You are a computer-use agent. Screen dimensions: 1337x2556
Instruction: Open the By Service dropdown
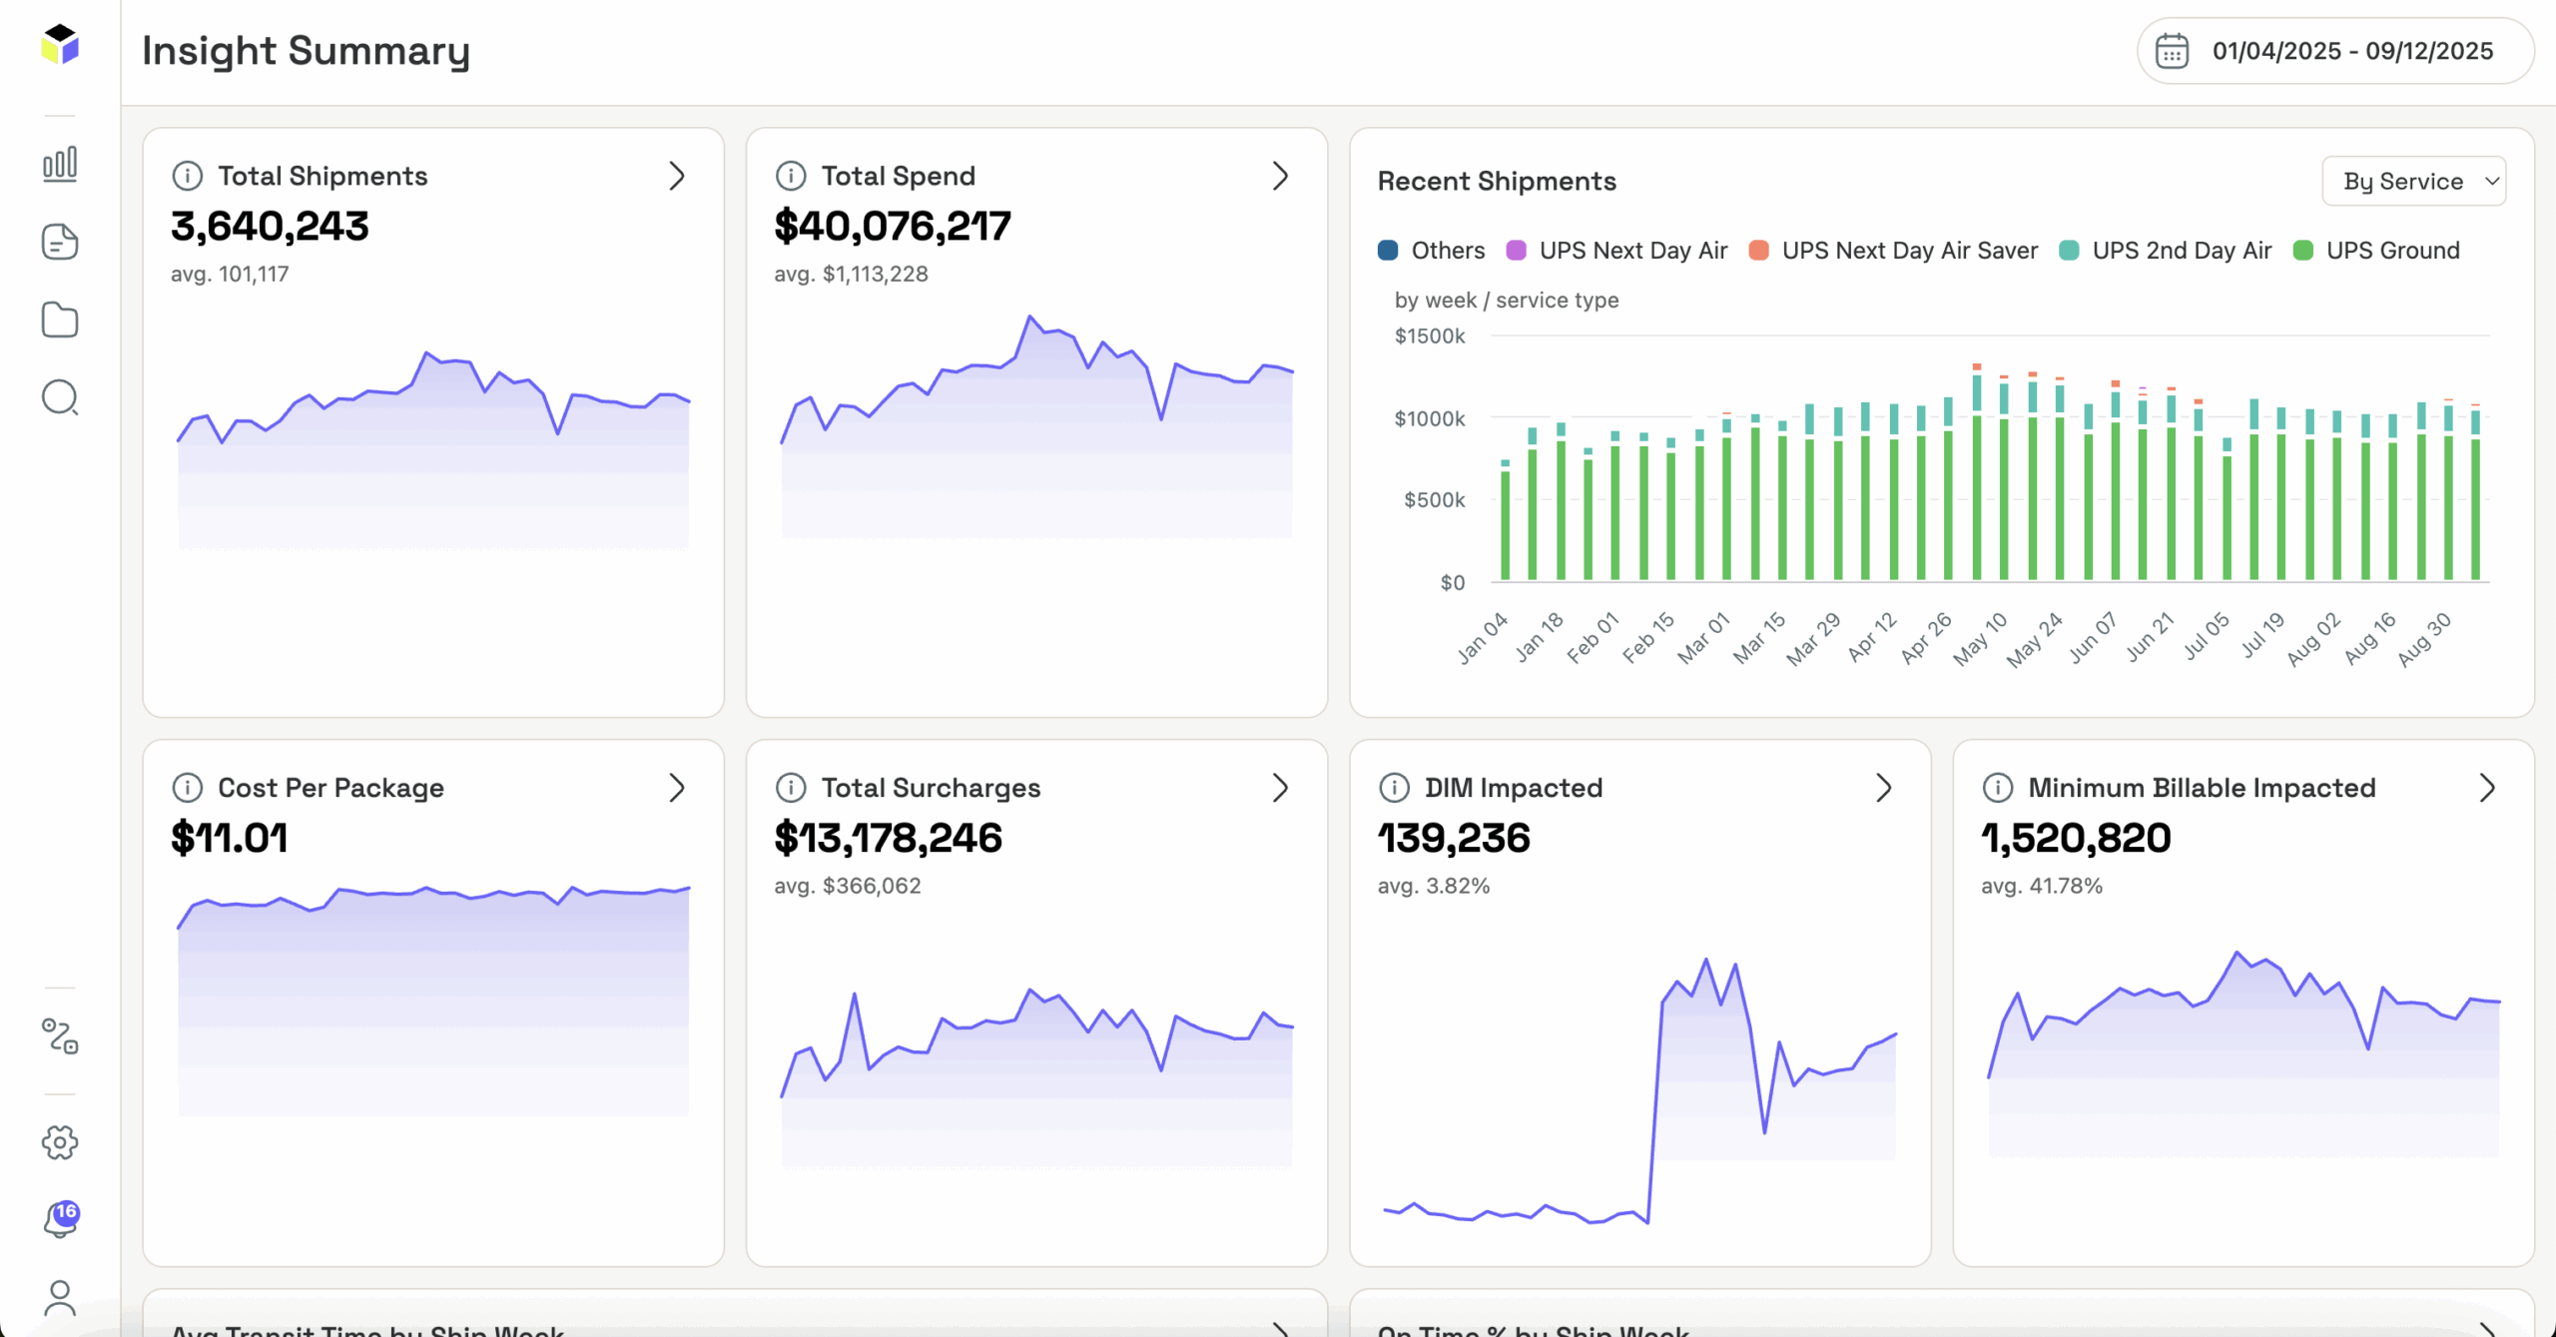coord(2413,182)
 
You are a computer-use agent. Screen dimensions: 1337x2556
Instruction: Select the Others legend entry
coord(1431,251)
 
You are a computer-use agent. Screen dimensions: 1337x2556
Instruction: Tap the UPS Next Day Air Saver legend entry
coord(1894,251)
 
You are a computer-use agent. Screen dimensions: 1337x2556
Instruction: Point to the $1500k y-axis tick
coord(1429,336)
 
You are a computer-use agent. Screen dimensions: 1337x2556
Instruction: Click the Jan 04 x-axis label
coord(1483,638)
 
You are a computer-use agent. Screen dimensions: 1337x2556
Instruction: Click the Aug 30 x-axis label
coord(2424,639)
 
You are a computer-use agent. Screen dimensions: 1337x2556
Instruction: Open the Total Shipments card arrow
coord(677,177)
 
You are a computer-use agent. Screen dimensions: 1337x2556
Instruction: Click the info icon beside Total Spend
coord(791,177)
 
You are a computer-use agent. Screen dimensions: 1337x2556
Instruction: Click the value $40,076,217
coord(893,227)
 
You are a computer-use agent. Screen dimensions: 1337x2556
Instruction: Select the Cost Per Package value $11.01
coord(230,838)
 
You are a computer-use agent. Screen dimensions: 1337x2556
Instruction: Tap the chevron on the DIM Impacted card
coord(1883,788)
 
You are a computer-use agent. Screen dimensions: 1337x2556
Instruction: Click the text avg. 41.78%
coord(2041,886)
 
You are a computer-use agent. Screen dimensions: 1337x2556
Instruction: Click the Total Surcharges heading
coord(931,788)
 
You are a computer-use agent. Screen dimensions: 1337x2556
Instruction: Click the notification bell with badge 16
coord(60,1219)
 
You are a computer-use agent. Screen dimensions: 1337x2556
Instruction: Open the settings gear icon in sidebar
coord(60,1142)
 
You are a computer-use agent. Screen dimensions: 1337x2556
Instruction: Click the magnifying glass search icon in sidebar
coord(60,397)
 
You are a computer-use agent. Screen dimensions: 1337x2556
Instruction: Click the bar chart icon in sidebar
coord(60,164)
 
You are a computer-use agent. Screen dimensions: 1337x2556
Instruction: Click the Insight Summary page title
coord(306,51)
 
